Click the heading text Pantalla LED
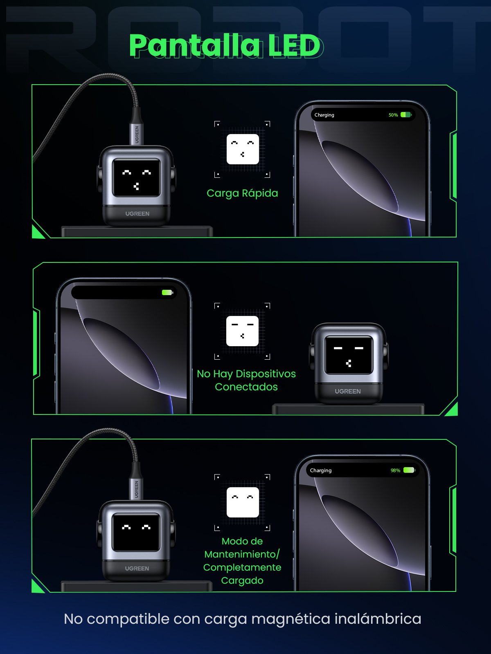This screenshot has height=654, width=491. point(225,45)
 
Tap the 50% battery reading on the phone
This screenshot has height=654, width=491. point(393,115)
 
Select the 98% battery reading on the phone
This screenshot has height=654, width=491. point(395,470)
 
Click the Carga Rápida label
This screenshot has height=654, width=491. point(242,193)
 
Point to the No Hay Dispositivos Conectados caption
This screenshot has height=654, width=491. point(246,380)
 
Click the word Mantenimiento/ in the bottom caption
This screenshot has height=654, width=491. point(242,554)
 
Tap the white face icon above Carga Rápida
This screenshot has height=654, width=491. point(243,149)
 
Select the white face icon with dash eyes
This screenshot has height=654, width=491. point(242,331)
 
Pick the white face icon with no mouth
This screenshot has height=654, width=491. point(243,502)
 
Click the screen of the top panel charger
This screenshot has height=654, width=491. point(136,178)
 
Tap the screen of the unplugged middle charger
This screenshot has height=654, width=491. point(348,355)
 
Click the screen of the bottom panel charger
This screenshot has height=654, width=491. point(136,532)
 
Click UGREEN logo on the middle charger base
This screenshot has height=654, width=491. point(347,391)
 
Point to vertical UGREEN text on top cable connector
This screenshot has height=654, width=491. point(137,134)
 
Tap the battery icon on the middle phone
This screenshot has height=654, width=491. point(167,292)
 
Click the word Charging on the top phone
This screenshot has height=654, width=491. point(324,115)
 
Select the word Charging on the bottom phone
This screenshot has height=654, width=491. point(320,470)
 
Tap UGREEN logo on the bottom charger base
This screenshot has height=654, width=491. point(137,569)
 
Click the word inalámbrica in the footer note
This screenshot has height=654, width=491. point(378,619)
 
